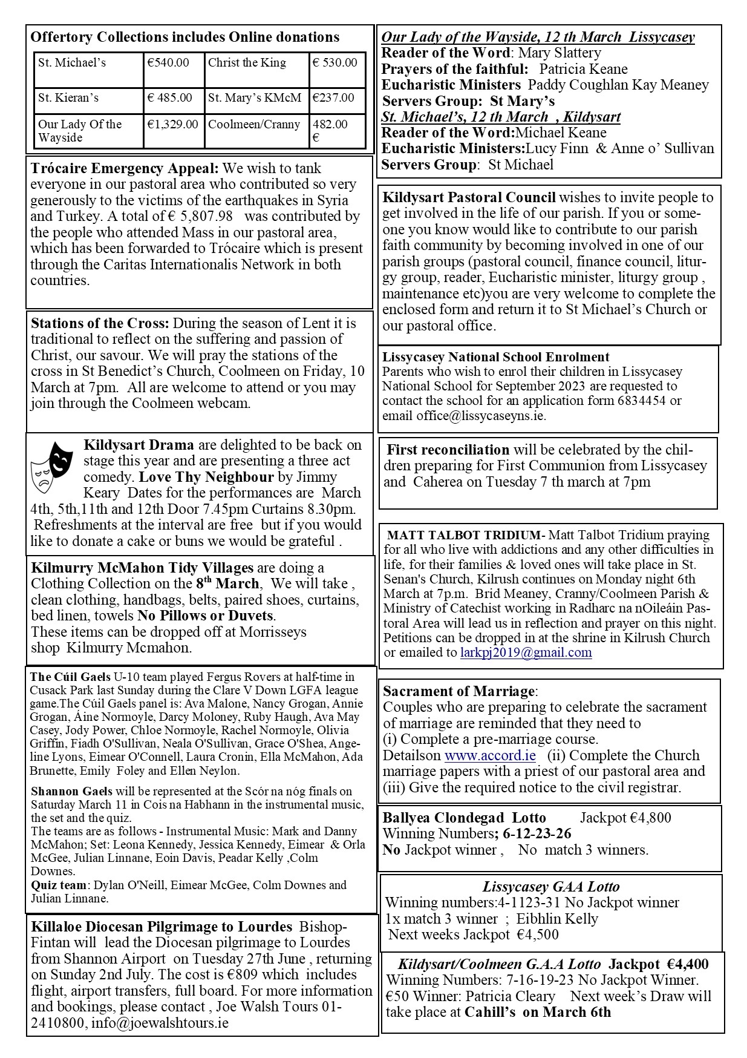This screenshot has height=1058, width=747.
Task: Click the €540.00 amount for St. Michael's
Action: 168,63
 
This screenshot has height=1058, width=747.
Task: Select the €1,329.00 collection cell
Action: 172,125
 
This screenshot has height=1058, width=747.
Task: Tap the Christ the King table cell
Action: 247,63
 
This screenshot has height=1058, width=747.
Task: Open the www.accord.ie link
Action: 490,755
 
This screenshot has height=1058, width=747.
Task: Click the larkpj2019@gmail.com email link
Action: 526,652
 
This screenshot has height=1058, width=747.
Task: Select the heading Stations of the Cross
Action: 100,323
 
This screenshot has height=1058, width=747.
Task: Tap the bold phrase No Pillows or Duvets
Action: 206,616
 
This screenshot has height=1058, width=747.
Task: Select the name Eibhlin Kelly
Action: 557,919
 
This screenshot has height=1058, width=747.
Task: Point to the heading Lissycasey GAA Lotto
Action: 551,887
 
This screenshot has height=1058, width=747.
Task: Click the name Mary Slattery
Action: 559,53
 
